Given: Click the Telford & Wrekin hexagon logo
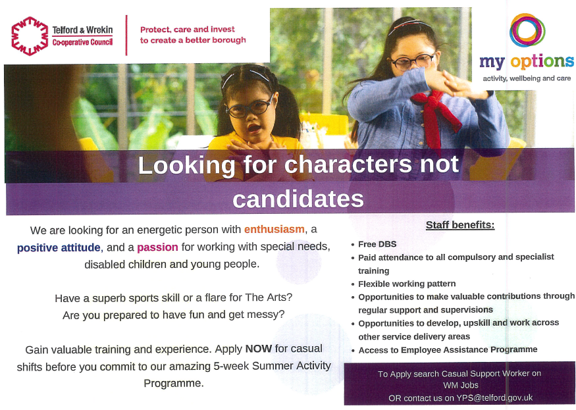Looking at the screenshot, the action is pyautogui.click(x=30, y=36).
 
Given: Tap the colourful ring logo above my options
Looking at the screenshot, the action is pyautogui.click(x=527, y=30).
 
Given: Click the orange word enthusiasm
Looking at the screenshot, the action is pyautogui.click(x=275, y=229).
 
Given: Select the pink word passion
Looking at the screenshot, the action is pyautogui.click(x=157, y=247).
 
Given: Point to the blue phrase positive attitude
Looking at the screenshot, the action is pyautogui.click(x=59, y=247).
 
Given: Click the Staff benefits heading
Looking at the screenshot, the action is pyautogui.click(x=460, y=225).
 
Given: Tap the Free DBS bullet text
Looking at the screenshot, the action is pyautogui.click(x=377, y=244).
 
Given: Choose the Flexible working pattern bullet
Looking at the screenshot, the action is pyautogui.click(x=407, y=284).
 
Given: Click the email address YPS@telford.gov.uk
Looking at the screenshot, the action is pyautogui.click(x=494, y=398).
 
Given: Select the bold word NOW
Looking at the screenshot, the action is pyautogui.click(x=259, y=348).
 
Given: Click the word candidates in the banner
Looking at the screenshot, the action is pyautogui.click(x=298, y=199).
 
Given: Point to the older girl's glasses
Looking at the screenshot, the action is pyautogui.click(x=413, y=61).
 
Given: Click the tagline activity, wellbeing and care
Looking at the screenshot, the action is pyautogui.click(x=527, y=78).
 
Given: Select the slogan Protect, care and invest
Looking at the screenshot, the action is pyautogui.click(x=188, y=30).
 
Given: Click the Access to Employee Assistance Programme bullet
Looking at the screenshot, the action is pyautogui.click(x=448, y=349).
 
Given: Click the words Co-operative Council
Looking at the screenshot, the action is pyautogui.click(x=82, y=42).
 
